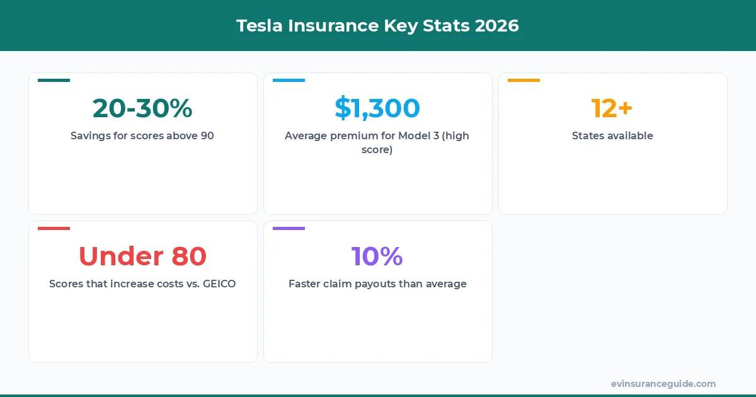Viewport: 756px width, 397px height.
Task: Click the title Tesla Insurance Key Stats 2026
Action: point(377,26)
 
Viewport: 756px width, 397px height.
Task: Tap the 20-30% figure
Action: point(142,108)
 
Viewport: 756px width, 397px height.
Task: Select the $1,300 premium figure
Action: point(377,108)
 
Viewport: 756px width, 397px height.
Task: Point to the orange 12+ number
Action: point(612,108)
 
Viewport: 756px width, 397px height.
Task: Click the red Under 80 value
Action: point(142,256)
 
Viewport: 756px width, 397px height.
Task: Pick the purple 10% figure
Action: point(377,256)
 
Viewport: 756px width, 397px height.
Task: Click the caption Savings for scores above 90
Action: point(142,135)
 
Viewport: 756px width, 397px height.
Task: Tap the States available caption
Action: point(612,135)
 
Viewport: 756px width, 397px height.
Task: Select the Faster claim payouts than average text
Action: point(377,284)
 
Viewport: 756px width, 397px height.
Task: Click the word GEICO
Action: point(219,284)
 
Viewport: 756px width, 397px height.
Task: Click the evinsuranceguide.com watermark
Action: point(663,384)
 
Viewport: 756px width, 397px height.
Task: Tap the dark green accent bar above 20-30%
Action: point(54,80)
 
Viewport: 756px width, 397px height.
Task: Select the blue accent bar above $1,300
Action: point(289,80)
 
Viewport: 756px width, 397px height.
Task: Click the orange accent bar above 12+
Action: point(524,80)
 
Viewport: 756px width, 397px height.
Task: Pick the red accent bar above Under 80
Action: point(54,228)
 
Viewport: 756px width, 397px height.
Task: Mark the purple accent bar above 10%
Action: point(289,228)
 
